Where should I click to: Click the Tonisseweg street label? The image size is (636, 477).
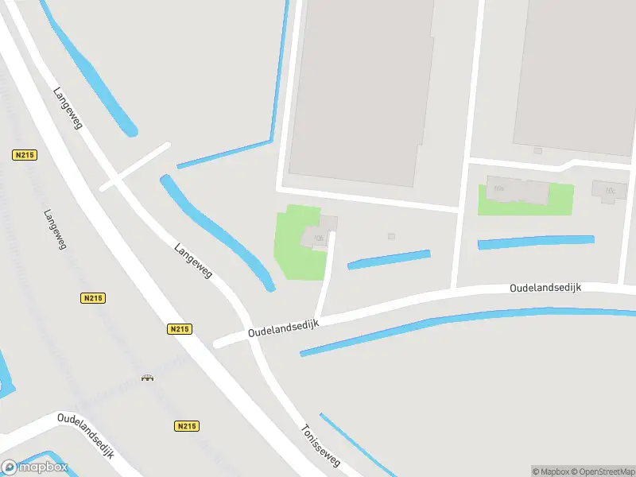[320, 444]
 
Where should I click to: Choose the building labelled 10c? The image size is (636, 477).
[610, 191]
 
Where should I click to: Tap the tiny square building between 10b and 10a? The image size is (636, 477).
[391, 236]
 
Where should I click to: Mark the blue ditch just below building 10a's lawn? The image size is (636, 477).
[536, 242]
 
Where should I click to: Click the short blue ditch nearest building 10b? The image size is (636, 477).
[389, 259]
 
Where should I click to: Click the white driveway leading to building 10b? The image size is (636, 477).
[326, 274]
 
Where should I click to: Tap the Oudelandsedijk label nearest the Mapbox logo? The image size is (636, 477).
[86, 435]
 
